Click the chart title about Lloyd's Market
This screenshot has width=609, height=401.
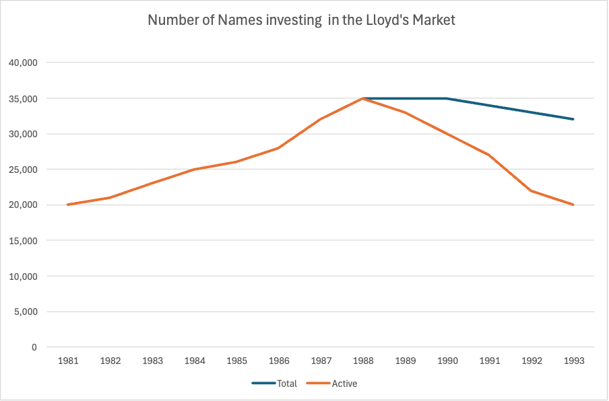[x=301, y=20]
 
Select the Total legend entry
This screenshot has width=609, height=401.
[x=274, y=384]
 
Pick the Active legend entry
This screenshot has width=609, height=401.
[x=331, y=384]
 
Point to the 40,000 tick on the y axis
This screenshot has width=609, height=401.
[x=23, y=63]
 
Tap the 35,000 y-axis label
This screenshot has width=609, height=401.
[x=23, y=98]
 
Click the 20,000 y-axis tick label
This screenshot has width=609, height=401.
[x=23, y=205]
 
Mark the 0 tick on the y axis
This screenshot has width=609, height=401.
[x=35, y=347]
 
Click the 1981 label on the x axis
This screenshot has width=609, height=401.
[x=68, y=361]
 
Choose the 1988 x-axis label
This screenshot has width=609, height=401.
[x=363, y=361]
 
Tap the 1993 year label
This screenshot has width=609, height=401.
[x=574, y=361]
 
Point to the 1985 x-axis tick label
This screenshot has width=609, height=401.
[x=236, y=361]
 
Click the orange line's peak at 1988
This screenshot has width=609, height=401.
[x=363, y=98]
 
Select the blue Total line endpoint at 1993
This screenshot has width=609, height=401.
[x=573, y=119]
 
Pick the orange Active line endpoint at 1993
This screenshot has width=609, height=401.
[x=573, y=205]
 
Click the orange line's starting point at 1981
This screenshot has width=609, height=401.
[x=68, y=205]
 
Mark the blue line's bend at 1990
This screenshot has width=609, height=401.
[x=447, y=98]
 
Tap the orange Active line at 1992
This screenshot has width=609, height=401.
[x=532, y=190]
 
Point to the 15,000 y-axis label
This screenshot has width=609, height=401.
[x=23, y=241]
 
